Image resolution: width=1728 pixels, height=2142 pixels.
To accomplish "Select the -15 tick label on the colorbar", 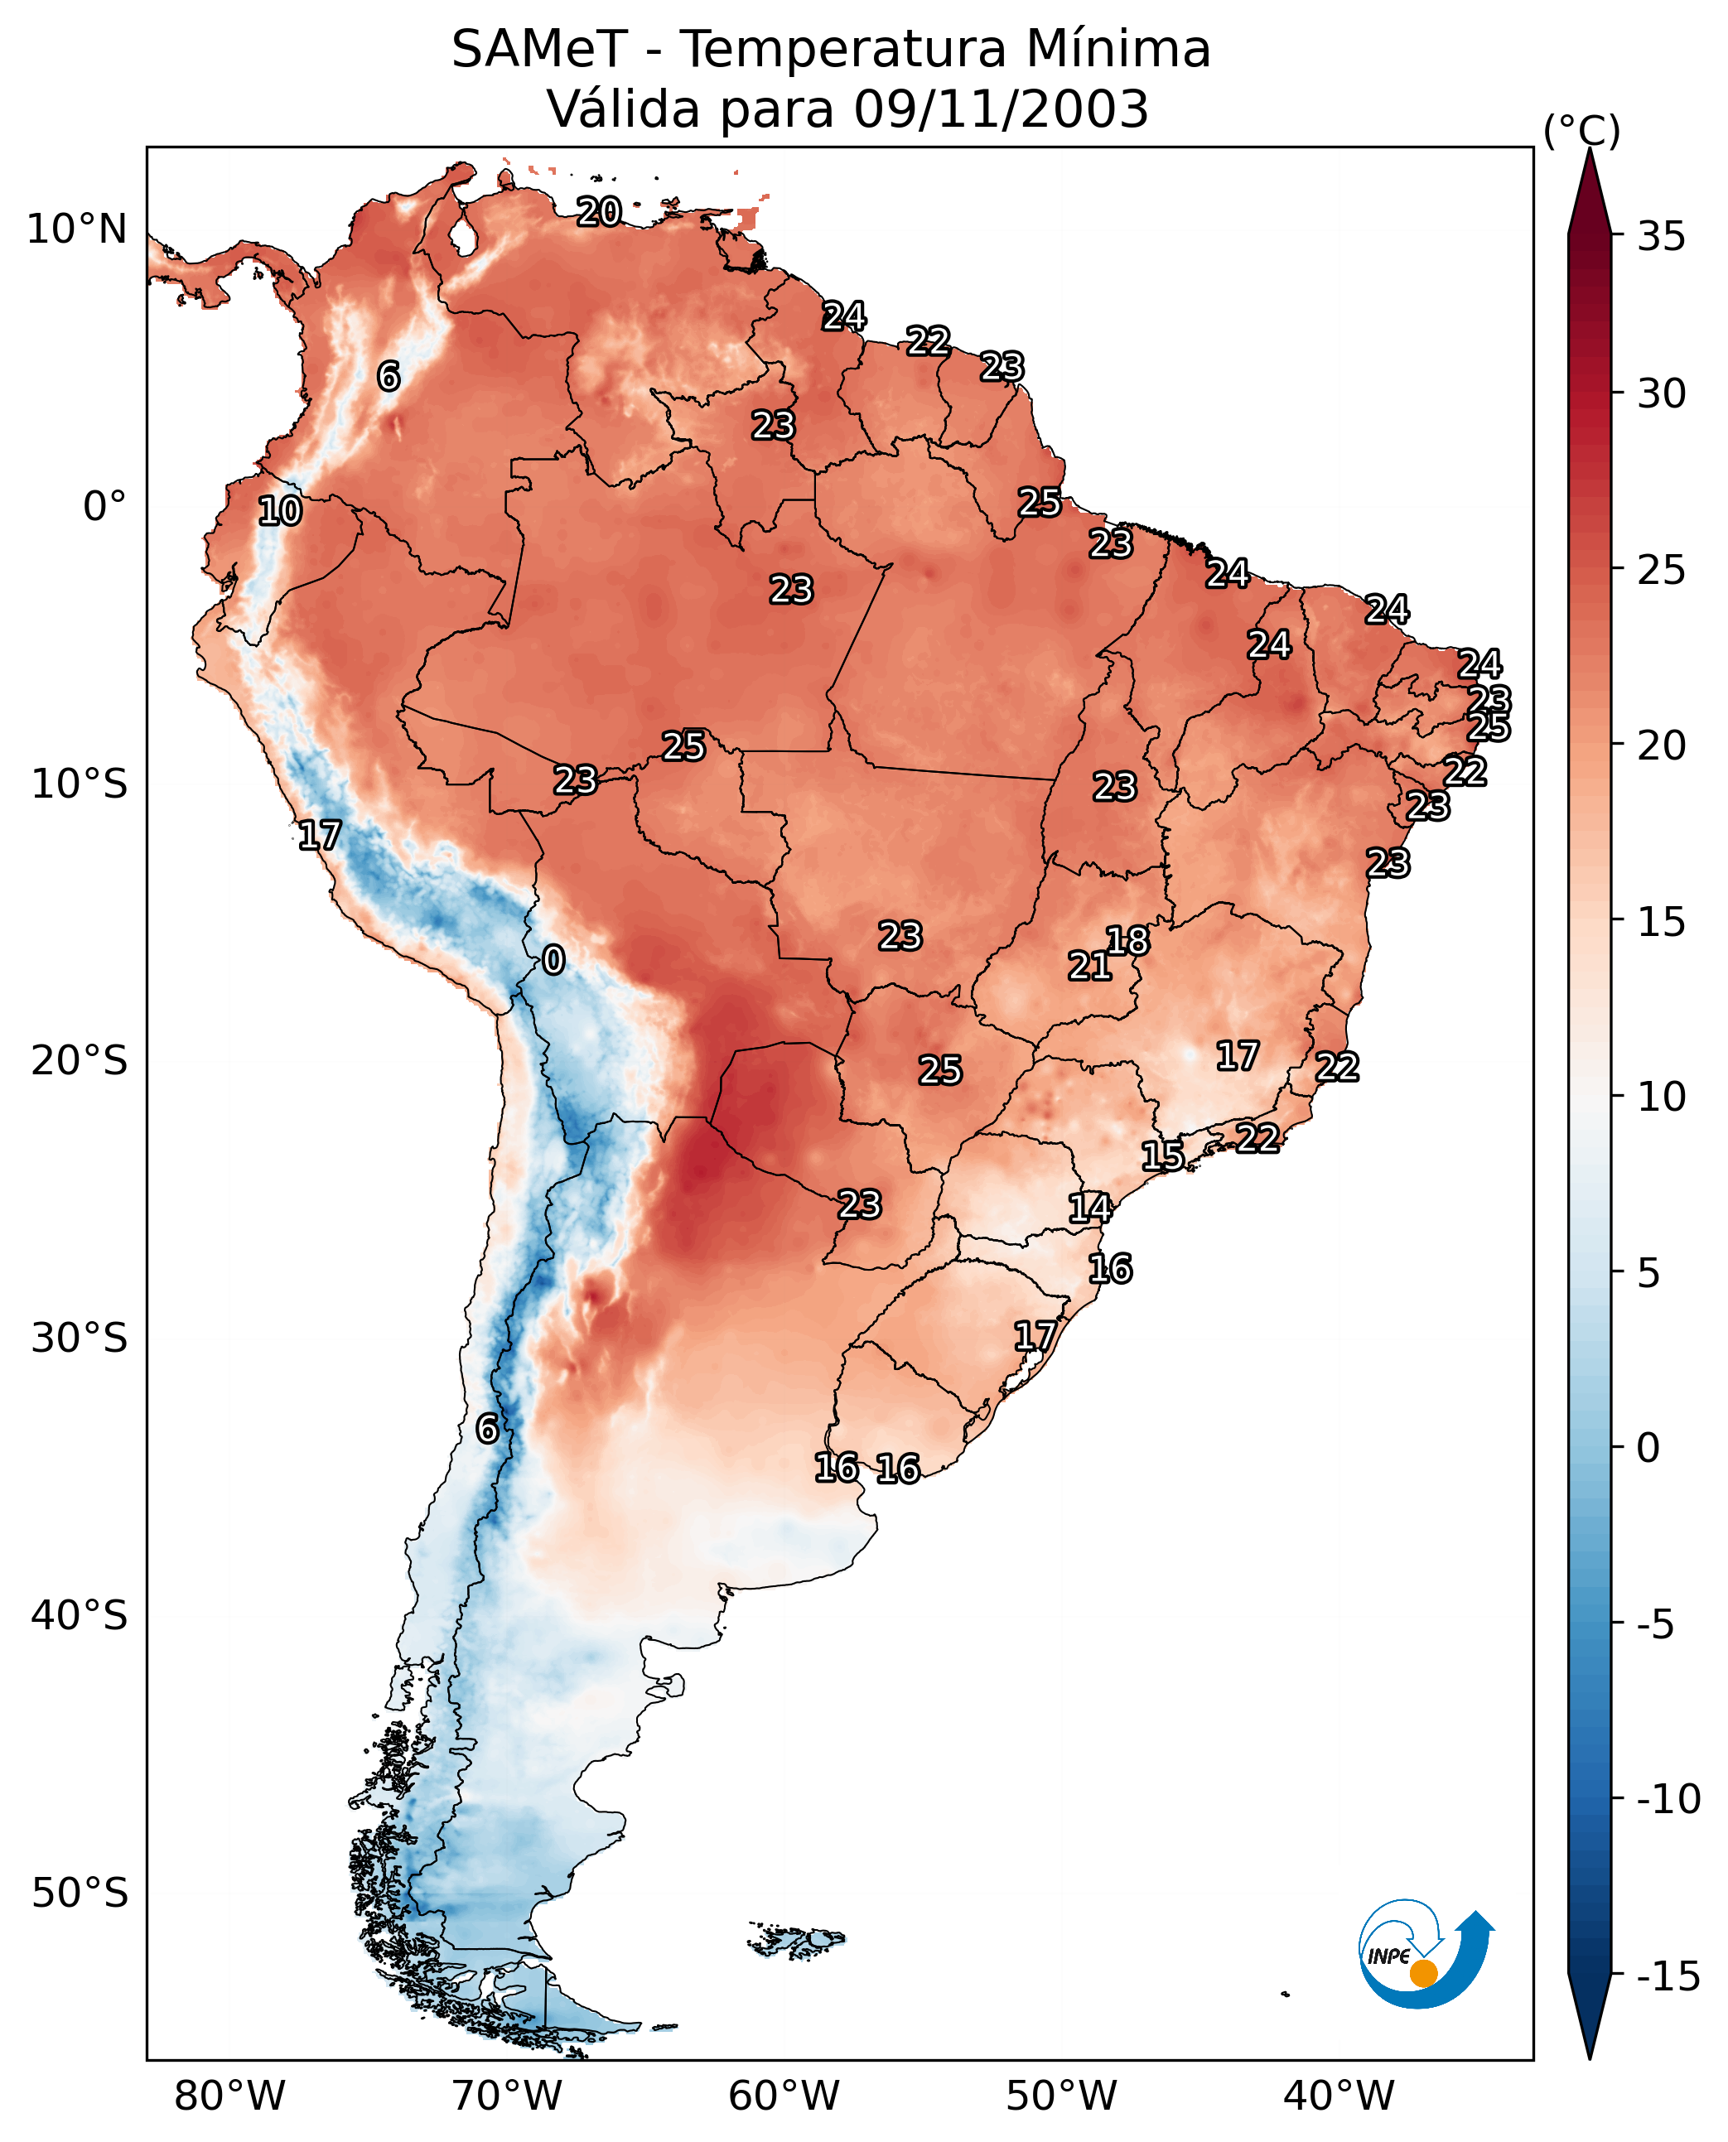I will (x=1668, y=1977).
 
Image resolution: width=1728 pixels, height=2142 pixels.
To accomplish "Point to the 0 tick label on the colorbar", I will (x=1648, y=1448).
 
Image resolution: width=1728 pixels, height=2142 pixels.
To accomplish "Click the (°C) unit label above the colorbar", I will (x=1581, y=130).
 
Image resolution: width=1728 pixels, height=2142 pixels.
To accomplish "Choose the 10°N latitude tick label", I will (x=77, y=230).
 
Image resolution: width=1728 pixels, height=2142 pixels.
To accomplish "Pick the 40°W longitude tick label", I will (x=1338, y=2096).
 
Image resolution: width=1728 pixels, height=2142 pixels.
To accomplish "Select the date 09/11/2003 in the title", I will (x=1001, y=109).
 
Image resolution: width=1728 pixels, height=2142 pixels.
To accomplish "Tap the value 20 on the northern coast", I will (x=599, y=211).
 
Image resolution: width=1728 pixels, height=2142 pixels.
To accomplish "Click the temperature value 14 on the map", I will (x=1090, y=1208).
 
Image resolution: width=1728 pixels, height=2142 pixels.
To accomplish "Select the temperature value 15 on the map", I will (x=1162, y=1155).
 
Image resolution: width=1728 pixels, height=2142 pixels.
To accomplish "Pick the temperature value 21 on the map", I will (x=1089, y=966).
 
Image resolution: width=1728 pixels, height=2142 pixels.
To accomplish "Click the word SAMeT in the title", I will (x=538, y=49).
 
